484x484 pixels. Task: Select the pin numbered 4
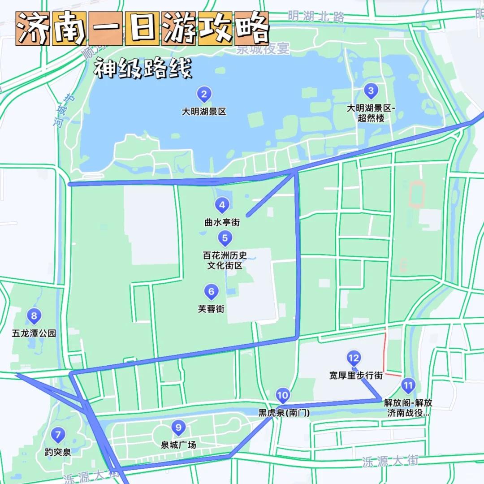click(222, 206)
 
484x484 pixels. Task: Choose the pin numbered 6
click(211, 292)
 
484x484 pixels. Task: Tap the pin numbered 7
click(57, 434)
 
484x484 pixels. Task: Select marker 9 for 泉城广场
click(178, 428)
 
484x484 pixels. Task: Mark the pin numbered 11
click(408, 385)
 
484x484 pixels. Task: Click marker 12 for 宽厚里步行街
click(353, 358)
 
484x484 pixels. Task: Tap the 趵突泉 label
click(58, 452)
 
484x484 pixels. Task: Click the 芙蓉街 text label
click(211, 309)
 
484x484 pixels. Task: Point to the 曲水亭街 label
click(222, 222)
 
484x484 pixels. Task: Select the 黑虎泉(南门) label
click(284, 413)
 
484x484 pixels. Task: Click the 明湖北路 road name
click(316, 17)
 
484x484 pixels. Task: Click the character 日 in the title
click(142, 29)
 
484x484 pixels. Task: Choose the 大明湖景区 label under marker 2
click(204, 112)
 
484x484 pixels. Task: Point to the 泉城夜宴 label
click(263, 49)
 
